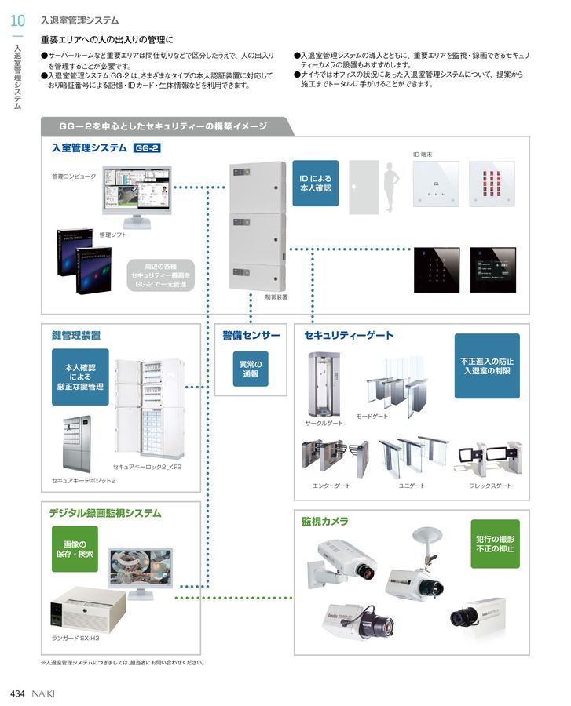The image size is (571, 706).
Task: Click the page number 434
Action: pos(19,693)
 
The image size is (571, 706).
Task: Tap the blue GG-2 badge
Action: pos(147,147)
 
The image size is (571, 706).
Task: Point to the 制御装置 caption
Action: pos(276,297)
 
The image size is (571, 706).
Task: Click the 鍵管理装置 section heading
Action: pos(76,336)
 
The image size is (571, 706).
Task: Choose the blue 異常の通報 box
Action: pos(251,369)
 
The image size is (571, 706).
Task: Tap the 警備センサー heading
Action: pos(251,336)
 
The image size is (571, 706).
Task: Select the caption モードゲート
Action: pos(372,416)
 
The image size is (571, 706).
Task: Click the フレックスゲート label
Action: pos(490,486)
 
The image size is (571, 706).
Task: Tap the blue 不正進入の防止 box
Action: pos(486,366)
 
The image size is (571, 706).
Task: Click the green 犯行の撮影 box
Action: pos(496,544)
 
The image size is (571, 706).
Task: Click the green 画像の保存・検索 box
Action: pos(80,549)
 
